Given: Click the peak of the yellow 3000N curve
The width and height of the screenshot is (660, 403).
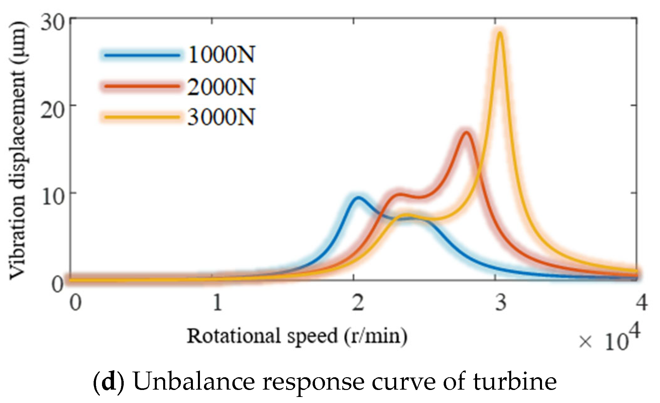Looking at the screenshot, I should (500, 33).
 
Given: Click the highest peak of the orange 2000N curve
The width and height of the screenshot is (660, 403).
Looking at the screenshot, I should (466, 132).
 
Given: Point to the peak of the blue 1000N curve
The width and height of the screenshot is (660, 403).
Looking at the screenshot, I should (358, 197).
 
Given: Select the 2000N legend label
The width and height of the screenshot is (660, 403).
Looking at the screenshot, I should (221, 87).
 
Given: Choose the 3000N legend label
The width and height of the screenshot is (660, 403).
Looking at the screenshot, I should (221, 117).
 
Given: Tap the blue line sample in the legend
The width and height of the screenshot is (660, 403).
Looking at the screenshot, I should (142, 55).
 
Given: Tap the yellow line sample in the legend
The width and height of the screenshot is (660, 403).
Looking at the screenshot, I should (142, 117).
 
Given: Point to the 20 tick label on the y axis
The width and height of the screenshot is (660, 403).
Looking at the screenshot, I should (52, 110).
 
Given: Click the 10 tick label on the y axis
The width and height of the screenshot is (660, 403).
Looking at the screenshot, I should (52, 197).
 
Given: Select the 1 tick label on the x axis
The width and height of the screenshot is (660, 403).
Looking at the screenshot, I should (217, 302).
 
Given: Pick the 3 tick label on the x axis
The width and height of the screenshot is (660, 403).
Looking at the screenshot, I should (500, 302).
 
